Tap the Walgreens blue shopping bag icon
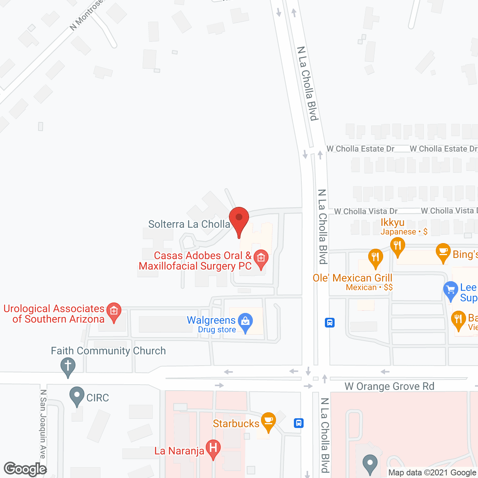pos(245,322)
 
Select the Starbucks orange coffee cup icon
pos(268,421)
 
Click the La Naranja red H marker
pos(213,448)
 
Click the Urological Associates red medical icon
pos(114,311)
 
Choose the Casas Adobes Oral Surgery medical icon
pos(261,258)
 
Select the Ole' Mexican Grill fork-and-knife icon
pos(375,257)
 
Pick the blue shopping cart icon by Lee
pos(451,290)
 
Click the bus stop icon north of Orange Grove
pos(329,322)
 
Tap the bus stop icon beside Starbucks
pos(298,423)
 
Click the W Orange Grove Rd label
pos(389,386)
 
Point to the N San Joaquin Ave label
pos(43,424)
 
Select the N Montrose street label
pos(86,15)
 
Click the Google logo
pos(25,469)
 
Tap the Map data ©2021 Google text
pos(432,473)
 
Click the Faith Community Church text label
pos(108,351)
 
